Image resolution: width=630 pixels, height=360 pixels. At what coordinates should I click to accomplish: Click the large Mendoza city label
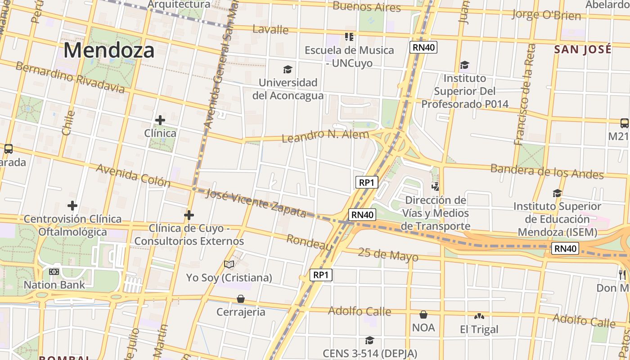pos(109,50)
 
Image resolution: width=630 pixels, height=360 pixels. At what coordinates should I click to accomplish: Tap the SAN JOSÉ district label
pos(583,49)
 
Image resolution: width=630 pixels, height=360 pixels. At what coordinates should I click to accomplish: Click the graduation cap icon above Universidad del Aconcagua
pos(288,69)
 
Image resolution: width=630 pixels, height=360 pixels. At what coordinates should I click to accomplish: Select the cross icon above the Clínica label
pos(160,120)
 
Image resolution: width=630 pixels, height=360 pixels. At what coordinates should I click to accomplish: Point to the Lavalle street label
pos(270,30)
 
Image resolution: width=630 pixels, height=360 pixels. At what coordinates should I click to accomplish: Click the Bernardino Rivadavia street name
pos(70,77)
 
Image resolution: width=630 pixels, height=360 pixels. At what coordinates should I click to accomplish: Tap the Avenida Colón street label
pos(133,175)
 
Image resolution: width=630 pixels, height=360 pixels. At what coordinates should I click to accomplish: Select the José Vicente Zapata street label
pos(256,203)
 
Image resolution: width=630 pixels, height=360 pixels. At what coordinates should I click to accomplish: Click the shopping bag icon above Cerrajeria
pos(241,299)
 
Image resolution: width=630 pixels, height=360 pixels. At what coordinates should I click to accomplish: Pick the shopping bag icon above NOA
pos(423,314)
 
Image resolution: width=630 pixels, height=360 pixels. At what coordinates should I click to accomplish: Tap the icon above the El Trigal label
pos(479,316)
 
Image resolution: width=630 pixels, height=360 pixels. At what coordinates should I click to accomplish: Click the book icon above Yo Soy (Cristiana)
pos(229,264)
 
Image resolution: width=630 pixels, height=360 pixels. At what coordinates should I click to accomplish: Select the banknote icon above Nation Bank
pos(54,272)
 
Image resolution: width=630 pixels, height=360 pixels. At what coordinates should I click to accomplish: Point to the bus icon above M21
pos(624,123)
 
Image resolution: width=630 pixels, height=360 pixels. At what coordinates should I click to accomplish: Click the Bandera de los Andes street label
pos(547,171)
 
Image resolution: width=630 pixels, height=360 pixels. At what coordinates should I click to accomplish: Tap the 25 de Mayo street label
pos(388,255)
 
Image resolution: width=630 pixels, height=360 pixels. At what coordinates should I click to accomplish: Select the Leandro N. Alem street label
pos(325,135)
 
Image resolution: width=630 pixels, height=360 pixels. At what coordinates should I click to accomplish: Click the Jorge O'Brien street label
pos(546,15)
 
